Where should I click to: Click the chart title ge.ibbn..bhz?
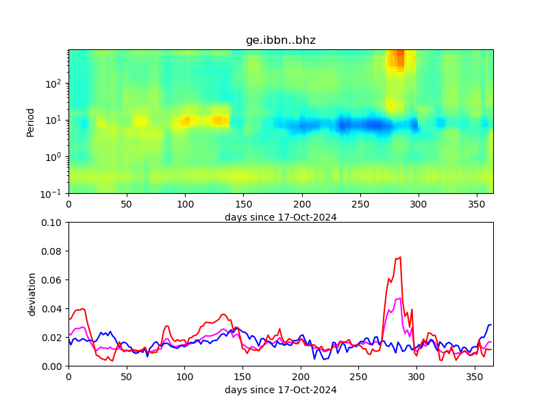(x=280, y=40)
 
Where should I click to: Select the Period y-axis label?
(x=30, y=122)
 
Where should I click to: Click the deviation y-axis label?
(x=32, y=294)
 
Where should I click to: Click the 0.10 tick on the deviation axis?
(x=53, y=223)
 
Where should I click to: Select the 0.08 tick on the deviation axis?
(x=53, y=251)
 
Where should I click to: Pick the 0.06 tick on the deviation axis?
(x=53, y=280)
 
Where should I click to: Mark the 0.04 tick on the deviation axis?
(x=53, y=309)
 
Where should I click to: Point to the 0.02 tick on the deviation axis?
(x=53, y=338)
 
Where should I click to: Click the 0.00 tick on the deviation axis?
(x=53, y=366)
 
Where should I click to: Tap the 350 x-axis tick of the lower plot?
(x=475, y=377)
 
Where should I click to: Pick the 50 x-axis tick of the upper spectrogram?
(x=127, y=204)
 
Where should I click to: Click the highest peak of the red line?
(x=400, y=258)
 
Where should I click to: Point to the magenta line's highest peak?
(x=399, y=298)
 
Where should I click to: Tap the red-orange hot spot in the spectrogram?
(x=398, y=60)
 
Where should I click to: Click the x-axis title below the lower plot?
(x=280, y=390)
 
